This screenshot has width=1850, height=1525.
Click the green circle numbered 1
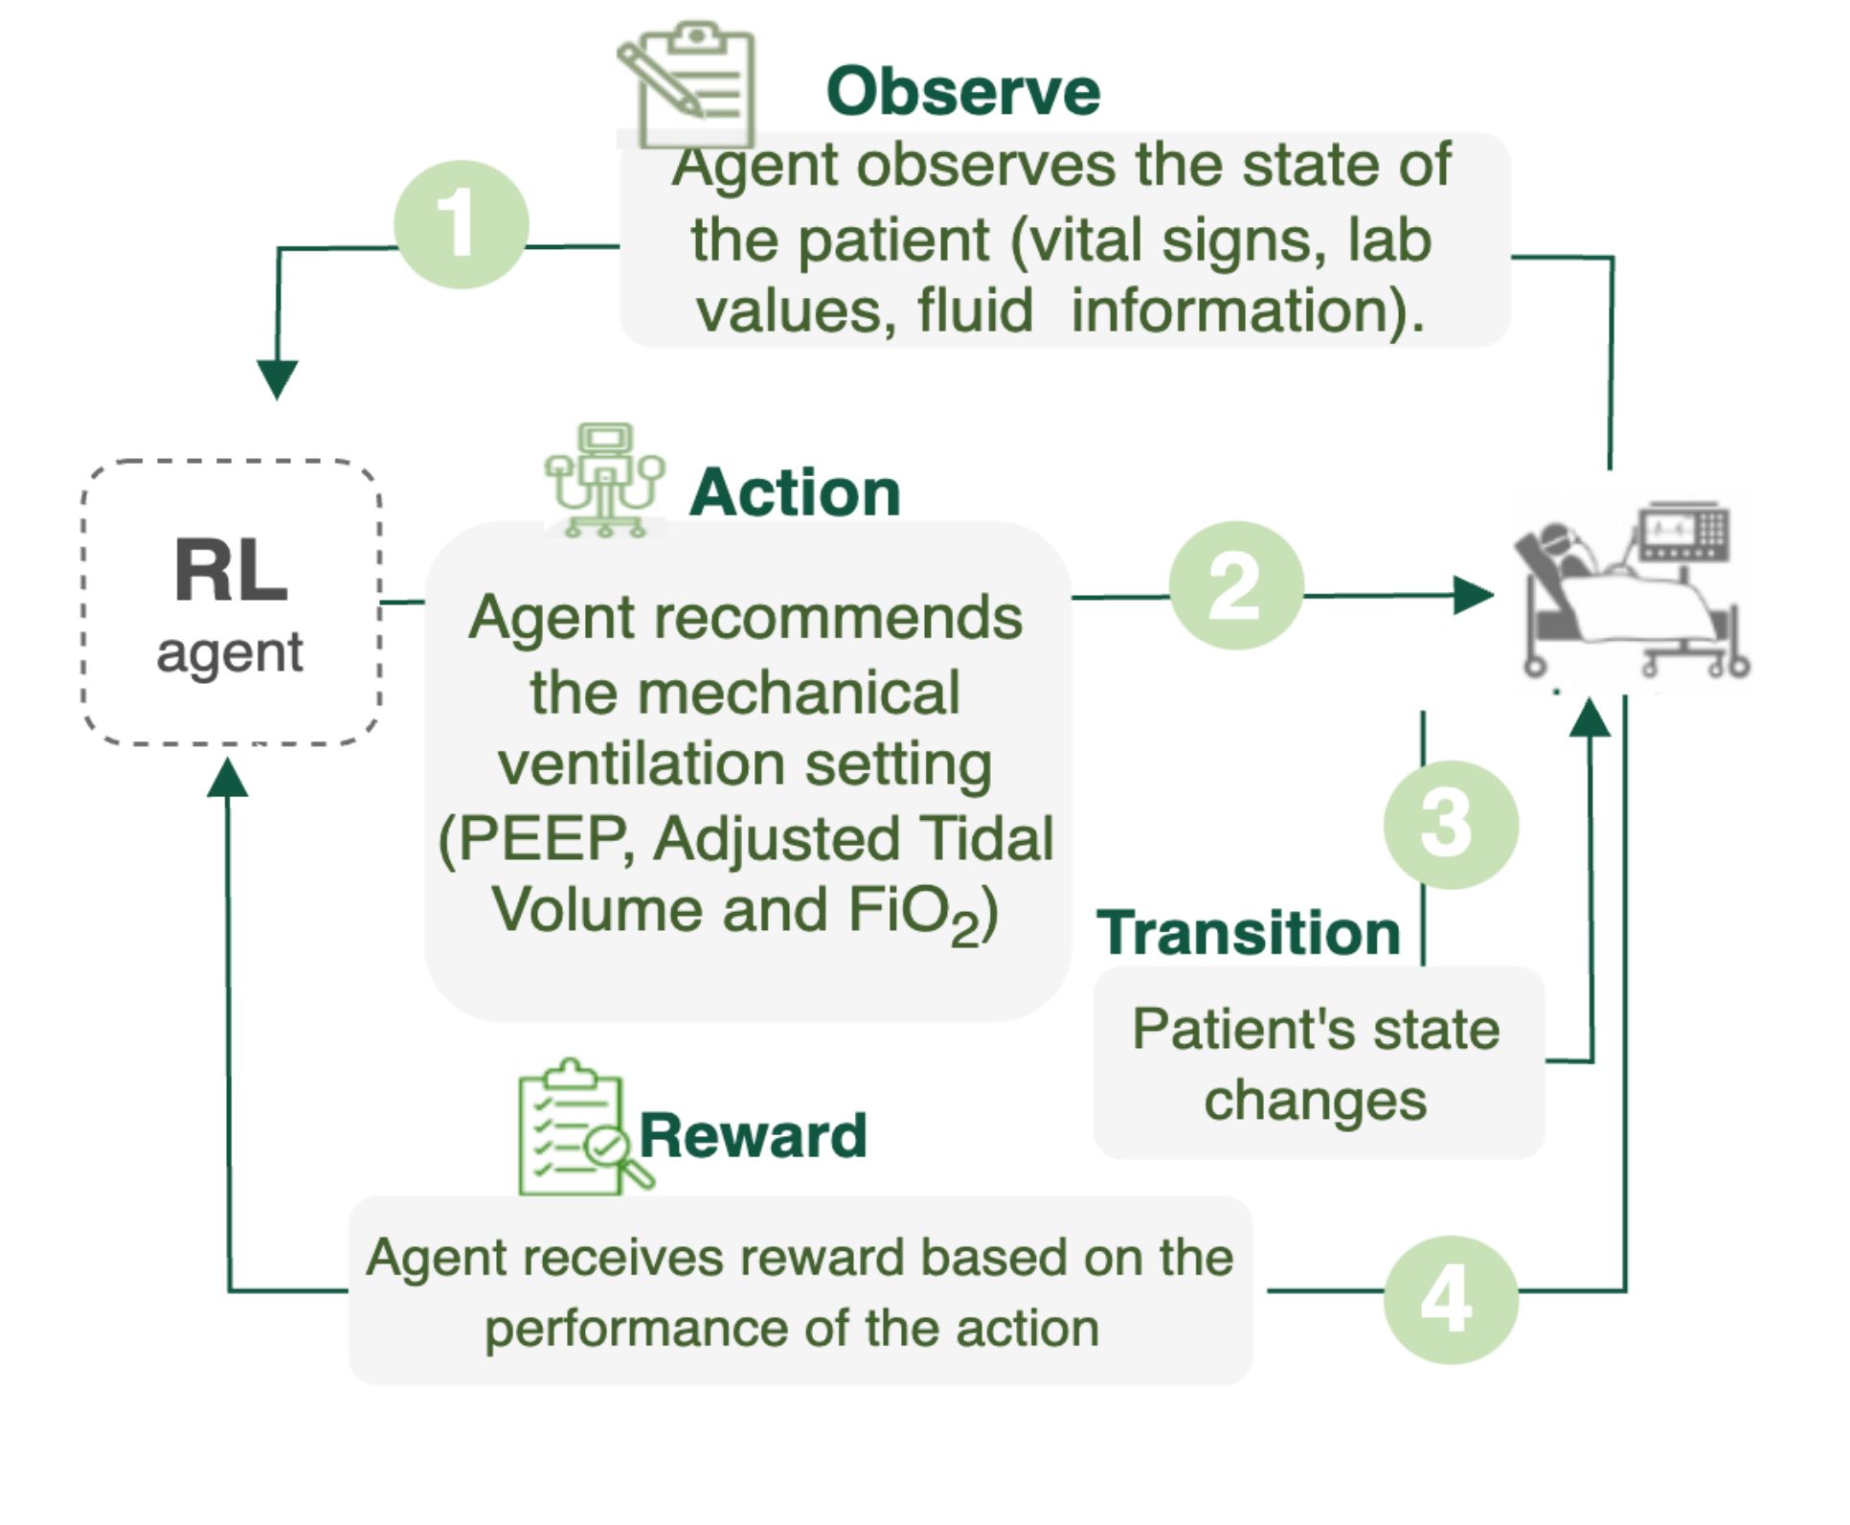462,224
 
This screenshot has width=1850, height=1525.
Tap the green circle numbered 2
1236,585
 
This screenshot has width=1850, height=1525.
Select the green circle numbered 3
1451,825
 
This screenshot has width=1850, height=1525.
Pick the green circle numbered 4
1451,1300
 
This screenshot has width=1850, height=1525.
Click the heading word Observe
963,92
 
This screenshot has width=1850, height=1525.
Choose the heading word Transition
1249,933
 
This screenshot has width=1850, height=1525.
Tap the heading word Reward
753,1135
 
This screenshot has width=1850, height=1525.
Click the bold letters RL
231,571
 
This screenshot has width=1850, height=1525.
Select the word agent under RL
230,654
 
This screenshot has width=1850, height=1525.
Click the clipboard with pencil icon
688,84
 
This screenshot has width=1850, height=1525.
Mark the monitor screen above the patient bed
1683,531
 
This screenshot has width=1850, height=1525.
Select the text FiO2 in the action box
914,913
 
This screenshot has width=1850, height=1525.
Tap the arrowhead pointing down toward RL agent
278,379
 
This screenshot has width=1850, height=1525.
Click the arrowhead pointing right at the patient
1474,595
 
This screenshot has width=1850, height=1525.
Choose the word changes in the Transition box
1315,1101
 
